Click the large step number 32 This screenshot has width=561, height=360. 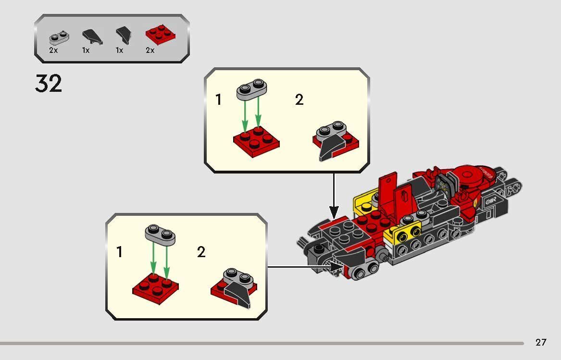tap(49, 84)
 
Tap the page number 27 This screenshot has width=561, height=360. tap(541, 342)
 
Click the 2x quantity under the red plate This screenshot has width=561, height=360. tap(150, 50)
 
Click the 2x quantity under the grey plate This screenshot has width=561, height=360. tap(53, 50)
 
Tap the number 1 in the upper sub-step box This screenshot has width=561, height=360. tap(219, 100)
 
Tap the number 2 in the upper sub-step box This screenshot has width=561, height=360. tap(299, 100)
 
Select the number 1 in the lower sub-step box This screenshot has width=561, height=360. tap(120, 251)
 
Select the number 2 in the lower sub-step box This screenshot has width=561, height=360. tap(201, 251)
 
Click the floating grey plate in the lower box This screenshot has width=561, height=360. tap(160, 235)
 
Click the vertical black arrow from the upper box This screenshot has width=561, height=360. tap(334, 195)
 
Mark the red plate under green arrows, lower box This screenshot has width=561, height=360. tap(155, 288)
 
